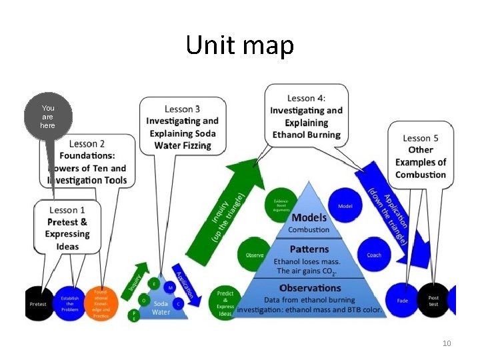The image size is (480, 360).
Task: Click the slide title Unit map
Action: point(239,45)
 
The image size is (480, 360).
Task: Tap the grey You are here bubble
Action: point(48,117)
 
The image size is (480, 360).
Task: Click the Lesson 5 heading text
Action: point(420,139)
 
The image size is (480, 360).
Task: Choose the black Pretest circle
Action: point(38,304)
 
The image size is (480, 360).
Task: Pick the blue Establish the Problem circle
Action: point(71,303)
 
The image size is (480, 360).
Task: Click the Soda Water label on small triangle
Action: point(161,309)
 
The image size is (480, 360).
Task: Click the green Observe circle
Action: point(255,255)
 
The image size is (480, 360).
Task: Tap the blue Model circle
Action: point(345,207)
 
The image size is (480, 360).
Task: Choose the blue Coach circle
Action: point(374,255)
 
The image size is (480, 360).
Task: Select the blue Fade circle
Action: point(403,301)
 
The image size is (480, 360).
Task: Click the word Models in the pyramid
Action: point(309,217)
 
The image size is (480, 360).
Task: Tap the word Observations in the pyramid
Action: point(310,289)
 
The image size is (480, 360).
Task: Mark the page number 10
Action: point(447,343)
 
